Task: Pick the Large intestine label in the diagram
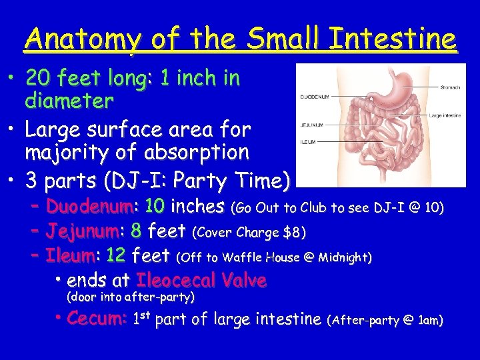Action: [445, 115]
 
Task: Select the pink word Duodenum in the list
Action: [89, 207]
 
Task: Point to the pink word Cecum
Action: [97, 319]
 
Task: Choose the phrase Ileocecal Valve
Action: [201, 280]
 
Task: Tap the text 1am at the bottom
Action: [427, 321]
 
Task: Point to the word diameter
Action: [69, 101]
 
